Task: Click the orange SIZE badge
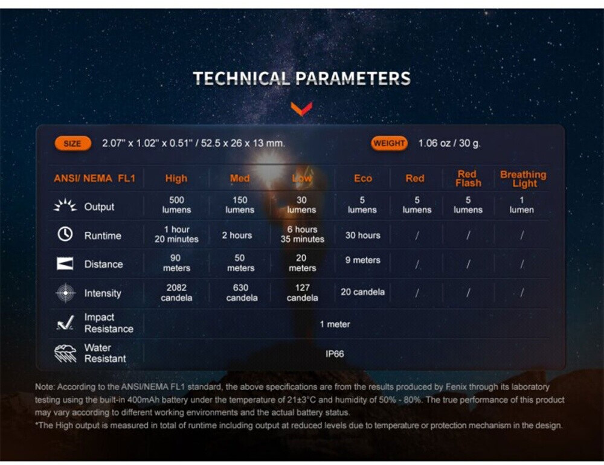(x=73, y=144)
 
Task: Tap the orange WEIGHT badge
(x=389, y=143)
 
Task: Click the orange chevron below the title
(x=301, y=109)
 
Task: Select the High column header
(x=176, y=178)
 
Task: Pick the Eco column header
(x=363, y=178)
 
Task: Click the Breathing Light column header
(x=523, y=179)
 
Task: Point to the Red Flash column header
(x=468, y=178)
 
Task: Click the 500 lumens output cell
(x=176, y=205)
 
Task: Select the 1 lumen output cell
(x=522, y=205)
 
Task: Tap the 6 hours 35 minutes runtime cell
(x=303, y=234)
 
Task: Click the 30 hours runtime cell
(x=363, y=235)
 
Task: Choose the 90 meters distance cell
(x=176, y=263)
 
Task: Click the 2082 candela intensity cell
(x=176, y=293)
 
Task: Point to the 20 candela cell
(x=362, y=292)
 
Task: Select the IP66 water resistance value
(x=335, y=354)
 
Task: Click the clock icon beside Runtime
(x=65, y=234)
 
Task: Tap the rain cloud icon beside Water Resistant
(x=65, y=353)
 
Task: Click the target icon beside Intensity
(x=65, y=293)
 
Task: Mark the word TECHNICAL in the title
(x=242, y=79)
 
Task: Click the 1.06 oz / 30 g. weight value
(x=449, y=143)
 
